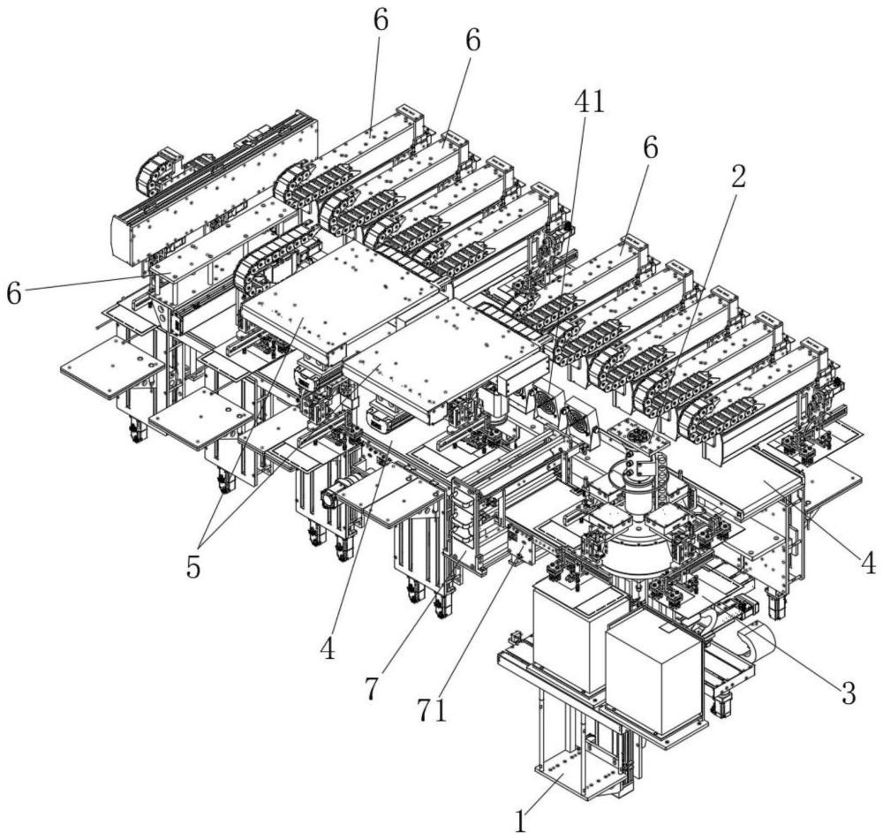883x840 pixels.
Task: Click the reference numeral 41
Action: pos(589,103)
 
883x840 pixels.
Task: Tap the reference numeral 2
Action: pos(738,177)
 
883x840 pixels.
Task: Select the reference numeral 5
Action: pos(193,568)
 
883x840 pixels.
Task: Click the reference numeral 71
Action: pos(433,711)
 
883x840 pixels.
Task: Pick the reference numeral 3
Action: pos(849,692)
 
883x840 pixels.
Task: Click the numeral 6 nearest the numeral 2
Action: pos(651,148)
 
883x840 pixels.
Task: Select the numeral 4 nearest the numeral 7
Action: pos(328,649)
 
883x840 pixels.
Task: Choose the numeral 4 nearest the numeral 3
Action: pos(868,563)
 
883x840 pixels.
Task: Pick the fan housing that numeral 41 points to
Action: pos(546,402)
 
